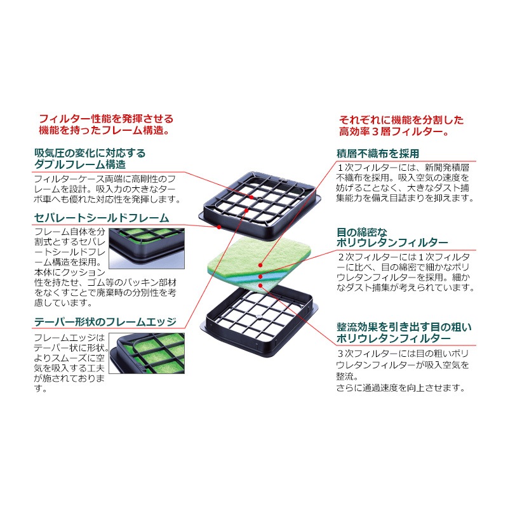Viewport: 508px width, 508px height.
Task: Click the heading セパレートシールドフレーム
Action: (102, 218)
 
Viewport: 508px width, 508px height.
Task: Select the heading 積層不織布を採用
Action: (378, 154)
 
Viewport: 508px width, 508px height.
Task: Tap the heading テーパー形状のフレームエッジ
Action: (105, 322)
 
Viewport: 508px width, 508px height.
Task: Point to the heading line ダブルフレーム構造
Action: (80, 164)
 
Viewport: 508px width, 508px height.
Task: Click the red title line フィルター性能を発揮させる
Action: (106, 119)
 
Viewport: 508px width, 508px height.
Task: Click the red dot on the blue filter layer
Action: (260, 276)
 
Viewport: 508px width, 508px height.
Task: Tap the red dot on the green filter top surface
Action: (260, 265)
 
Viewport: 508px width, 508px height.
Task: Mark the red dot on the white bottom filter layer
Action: (260, 285)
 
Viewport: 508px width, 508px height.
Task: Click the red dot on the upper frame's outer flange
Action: (219, 227)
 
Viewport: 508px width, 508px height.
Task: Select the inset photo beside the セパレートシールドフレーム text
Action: (147, 248)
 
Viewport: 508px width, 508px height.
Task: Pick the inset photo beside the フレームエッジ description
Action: (147, 353)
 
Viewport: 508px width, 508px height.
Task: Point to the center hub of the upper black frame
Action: (259, 197)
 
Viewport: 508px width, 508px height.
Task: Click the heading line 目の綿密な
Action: (362, 232)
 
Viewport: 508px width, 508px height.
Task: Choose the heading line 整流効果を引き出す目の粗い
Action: (404, 327)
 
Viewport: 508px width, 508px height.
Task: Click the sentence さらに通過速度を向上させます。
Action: (401, 388)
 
